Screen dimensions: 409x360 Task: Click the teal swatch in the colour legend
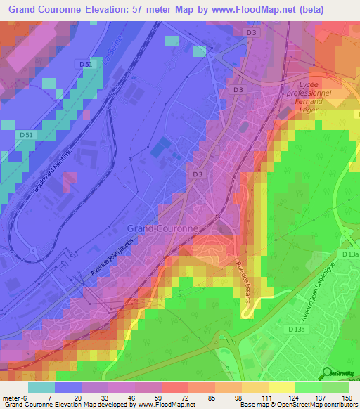(41, 387)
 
